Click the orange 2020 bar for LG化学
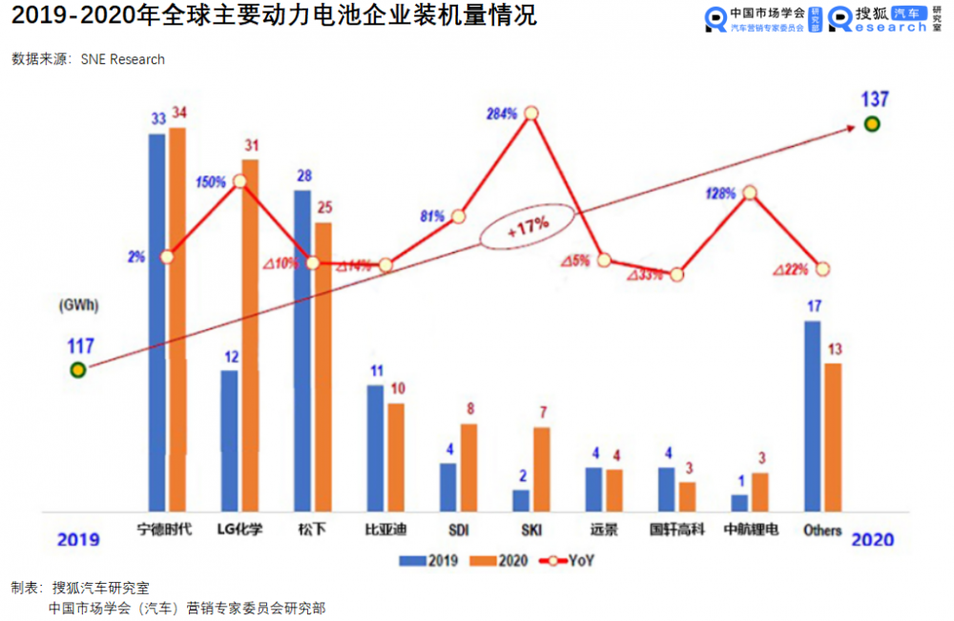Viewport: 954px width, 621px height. (x=250, y=334)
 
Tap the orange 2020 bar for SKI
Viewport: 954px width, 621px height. (x=541, y=468)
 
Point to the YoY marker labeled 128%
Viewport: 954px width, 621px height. (x=750, y=193)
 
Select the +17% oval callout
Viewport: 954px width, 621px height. (x=528, y=226)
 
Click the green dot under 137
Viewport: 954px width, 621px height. (x=871, y=124)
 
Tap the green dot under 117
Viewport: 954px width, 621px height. (x=78, y=369)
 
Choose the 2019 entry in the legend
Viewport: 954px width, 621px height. (x=423, y=561)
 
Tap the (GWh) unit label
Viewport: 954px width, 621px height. (x=81, y=305)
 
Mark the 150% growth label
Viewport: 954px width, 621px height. (x=210, y=182)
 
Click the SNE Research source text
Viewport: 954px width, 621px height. (x=123, y=59)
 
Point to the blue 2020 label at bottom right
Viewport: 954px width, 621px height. (x=872, y=539)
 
